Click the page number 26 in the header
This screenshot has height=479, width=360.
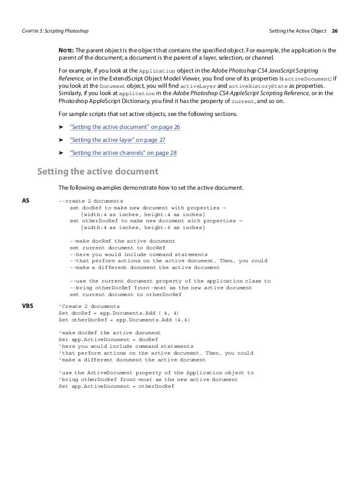tap(335, 30)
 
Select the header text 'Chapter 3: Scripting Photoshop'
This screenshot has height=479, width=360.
tap(55, 30)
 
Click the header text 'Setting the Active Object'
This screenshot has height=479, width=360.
tap(297, 30)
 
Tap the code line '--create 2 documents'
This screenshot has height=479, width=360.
tap(91, 201)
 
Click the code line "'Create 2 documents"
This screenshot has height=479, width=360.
tap(88, 306)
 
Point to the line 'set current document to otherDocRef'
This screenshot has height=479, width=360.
tap(125, 294)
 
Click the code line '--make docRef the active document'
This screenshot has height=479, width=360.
tap(122, 240)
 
